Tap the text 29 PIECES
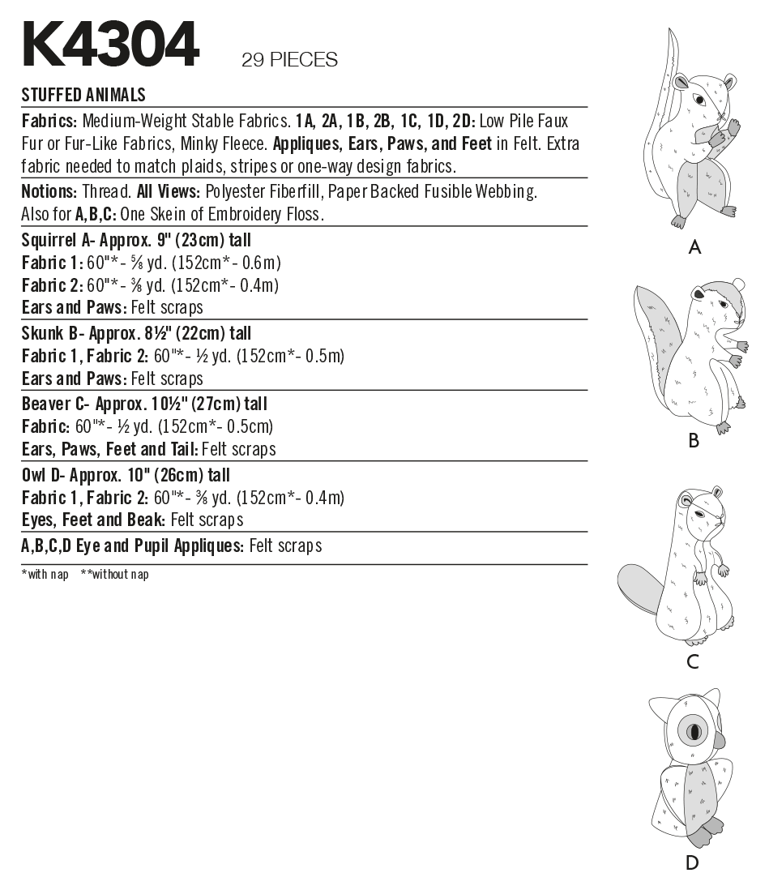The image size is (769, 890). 289,60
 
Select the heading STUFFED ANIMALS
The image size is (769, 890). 83,95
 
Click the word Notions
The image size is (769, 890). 49,192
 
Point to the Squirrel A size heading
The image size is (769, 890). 136,240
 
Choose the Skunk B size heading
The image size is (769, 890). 136,333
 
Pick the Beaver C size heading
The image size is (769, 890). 144,404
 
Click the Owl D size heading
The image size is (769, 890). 126,475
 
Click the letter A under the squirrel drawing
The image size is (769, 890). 694,247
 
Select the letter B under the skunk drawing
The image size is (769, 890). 693,440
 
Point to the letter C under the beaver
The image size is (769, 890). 692,661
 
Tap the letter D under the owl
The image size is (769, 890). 692,862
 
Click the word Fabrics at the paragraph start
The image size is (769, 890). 49,122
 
